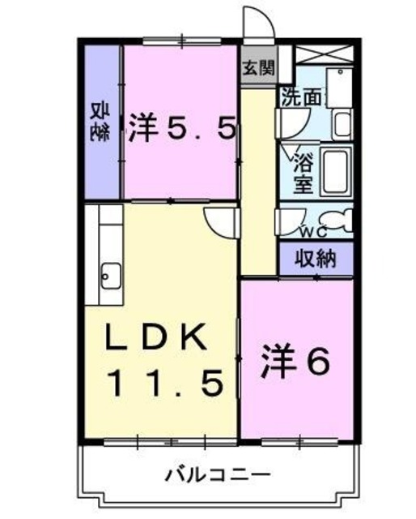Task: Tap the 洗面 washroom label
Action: click(x=301, y=97)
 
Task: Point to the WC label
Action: click(x=312, y=232)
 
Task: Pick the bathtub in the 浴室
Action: click(x=335, y=170)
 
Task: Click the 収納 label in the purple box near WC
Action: click(x=316, y=259)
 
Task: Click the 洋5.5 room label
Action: click(x=181, y=128)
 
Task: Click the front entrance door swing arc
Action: click(x=259, y=23)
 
